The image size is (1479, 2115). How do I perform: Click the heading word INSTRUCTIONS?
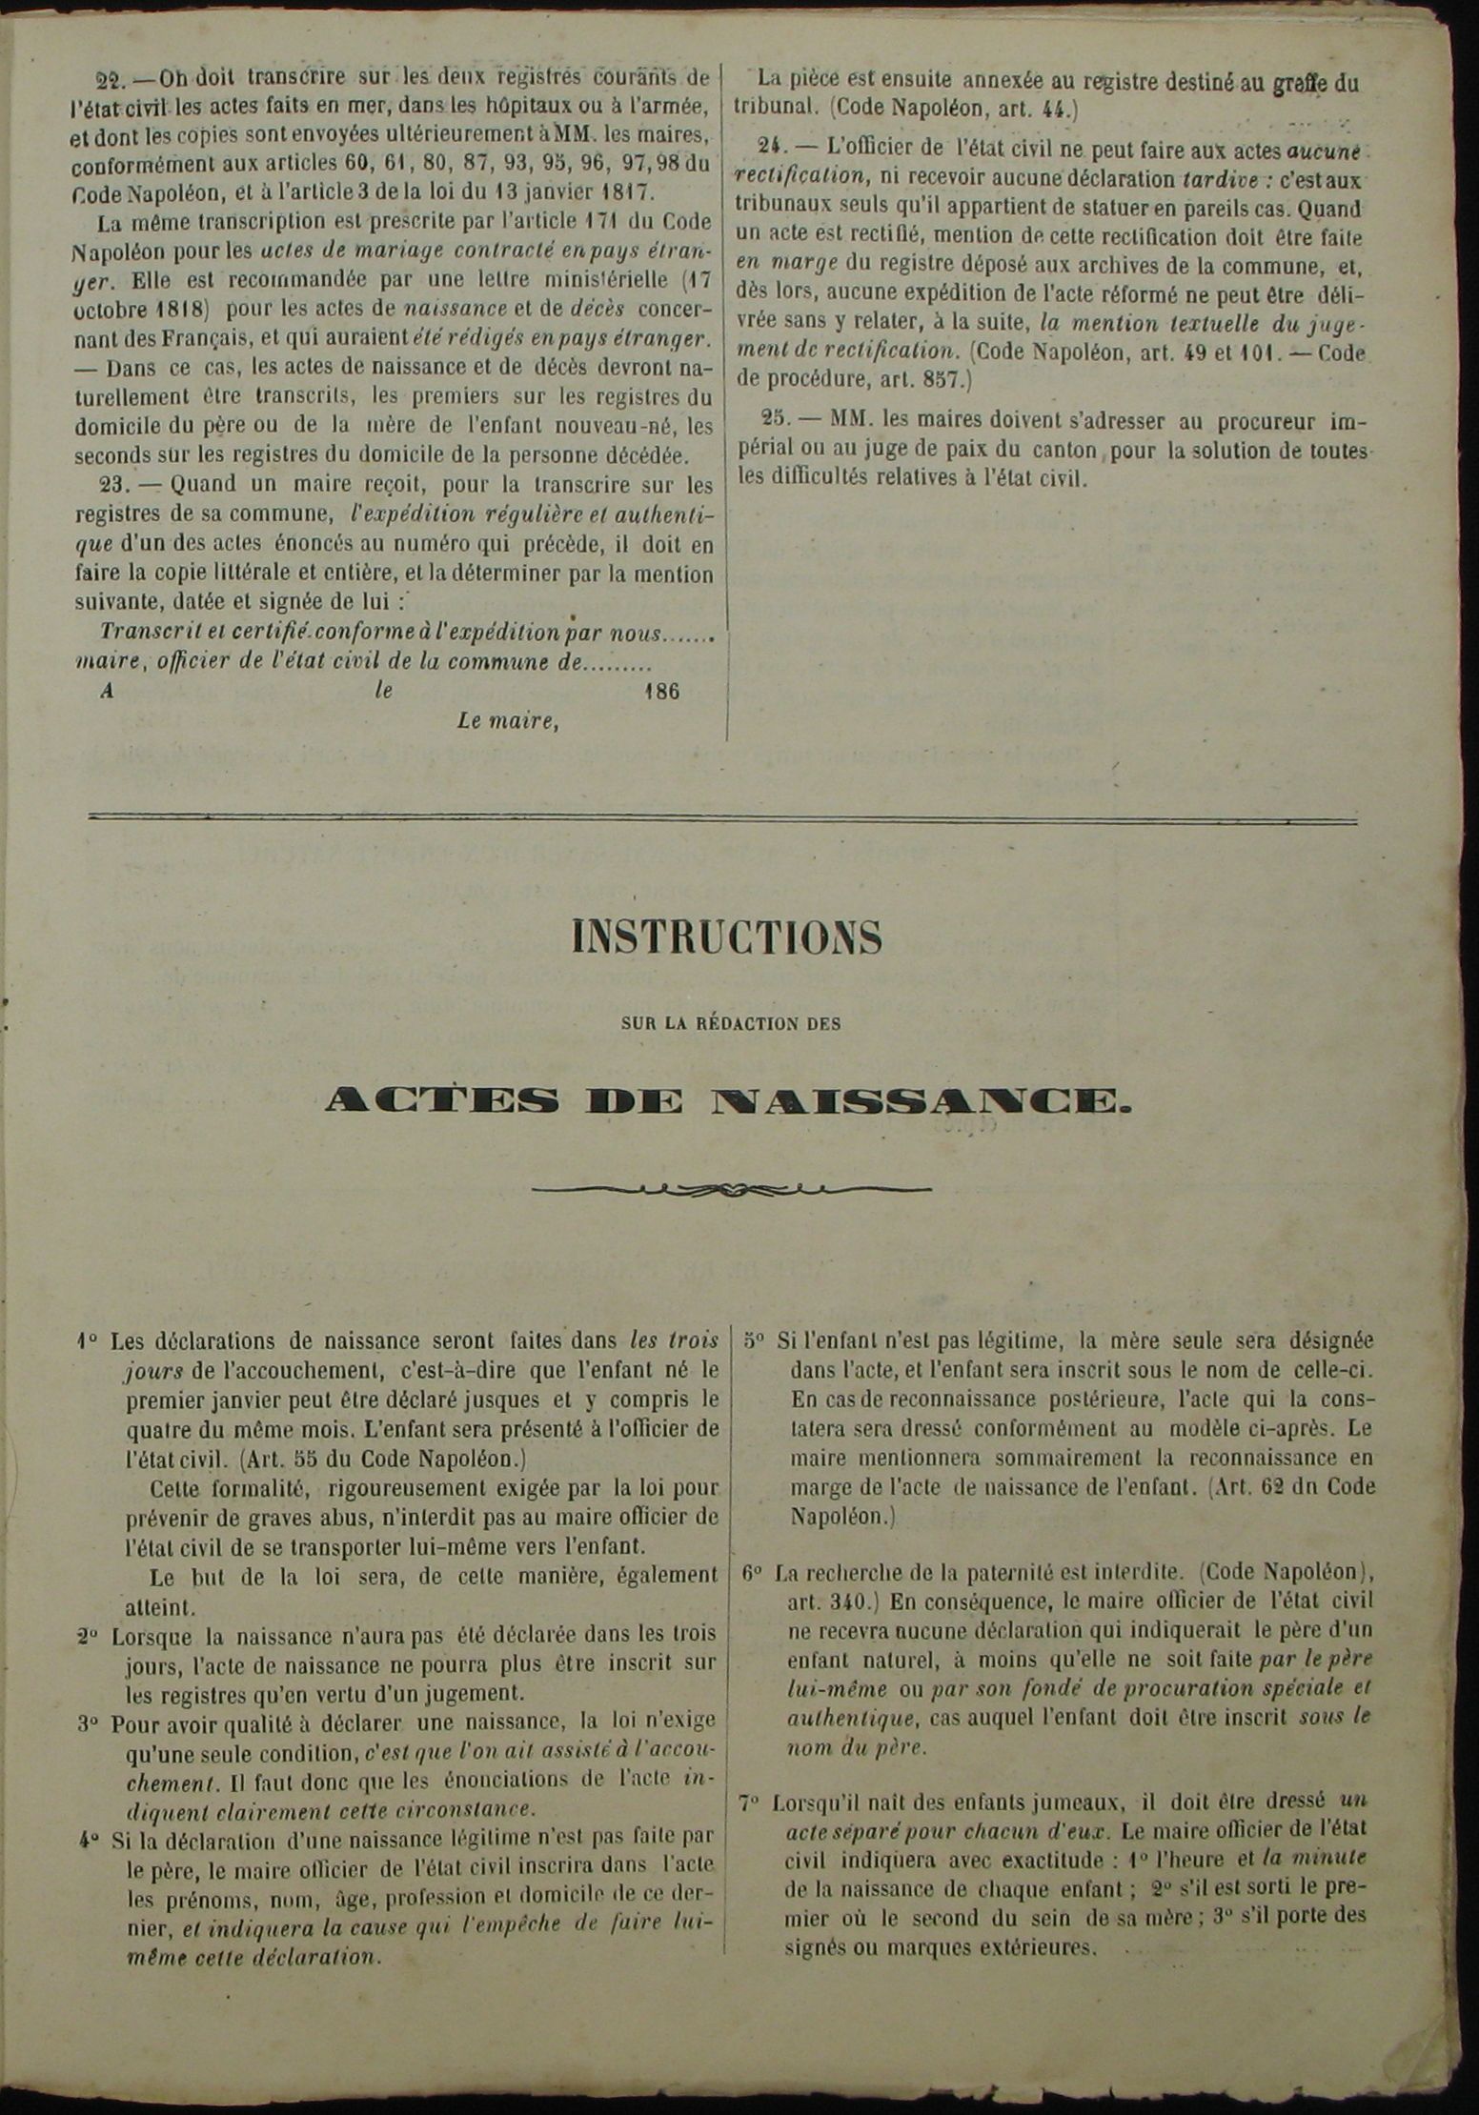tap(727, 938)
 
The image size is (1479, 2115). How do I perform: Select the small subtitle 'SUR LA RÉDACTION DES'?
tap(731, 1024)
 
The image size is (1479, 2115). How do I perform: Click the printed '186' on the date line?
tap(662, 692)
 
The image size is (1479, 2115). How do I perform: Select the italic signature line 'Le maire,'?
tap(507, 721)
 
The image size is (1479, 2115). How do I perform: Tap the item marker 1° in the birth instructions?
tap(88, 1342)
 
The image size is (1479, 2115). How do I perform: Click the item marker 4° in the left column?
tap(89, 1840)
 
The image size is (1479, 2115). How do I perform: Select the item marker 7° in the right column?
tap(750, 1803)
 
